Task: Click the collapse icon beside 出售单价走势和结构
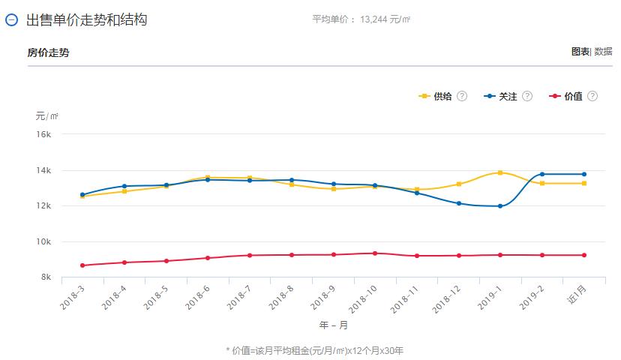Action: [x=11, y=20]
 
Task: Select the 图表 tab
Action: [x=580, y=52]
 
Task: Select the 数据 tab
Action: [x=603, y=52]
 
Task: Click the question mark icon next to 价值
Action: [x=592, y=97]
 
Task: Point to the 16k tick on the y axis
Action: [x=44, y=134]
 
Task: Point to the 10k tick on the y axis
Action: [x=44, y=241]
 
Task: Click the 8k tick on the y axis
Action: [x=46, y=277]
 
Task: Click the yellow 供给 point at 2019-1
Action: [x=500, y=172]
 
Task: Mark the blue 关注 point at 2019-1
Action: [x=500, y=206]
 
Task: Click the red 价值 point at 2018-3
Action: [x=82, y=265]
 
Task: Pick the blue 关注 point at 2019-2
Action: [x=542, y=174]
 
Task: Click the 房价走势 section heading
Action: [x=48, y=52]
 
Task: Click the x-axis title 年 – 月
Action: [x=333, y=325]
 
